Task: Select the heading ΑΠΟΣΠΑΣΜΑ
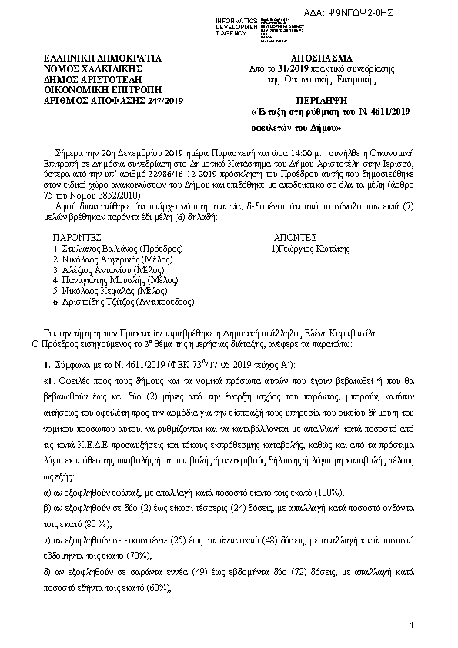tap(322, 58)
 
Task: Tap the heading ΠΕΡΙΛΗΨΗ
tap(322, 101)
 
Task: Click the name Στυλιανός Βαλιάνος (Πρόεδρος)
tap(116, 250)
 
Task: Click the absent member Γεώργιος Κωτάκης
tap(306, 250)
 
